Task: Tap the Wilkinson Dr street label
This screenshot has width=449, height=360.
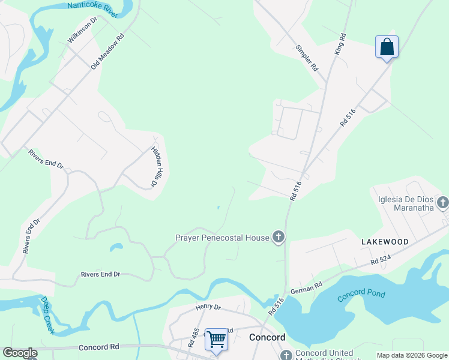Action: click(x=82, y=30)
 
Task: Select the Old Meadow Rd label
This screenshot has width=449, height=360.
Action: click(x=107, y=51)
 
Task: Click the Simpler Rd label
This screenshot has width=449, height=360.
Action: click(x=306, y=58)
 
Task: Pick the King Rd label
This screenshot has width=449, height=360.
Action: click(x=340, y=44)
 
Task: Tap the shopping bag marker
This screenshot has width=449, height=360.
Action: click(x=387, y=47)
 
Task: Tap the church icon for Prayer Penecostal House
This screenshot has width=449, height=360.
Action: click(x=278, y=238)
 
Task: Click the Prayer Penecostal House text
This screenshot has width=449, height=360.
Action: click(x=222, y=238)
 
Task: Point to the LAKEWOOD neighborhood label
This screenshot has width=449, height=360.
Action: click(x=385, y=242)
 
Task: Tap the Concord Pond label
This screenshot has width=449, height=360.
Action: click(x=361, y=295)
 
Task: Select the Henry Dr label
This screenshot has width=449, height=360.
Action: click(x=208, y=307)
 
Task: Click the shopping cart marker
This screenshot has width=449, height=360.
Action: click(x=216, y=339)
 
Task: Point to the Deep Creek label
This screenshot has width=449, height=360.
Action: click(x=47, y=315)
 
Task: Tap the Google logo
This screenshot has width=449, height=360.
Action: click(x=20, y=353)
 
